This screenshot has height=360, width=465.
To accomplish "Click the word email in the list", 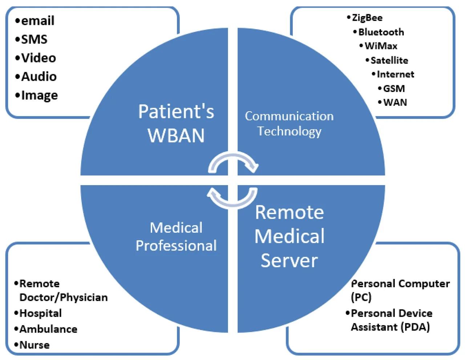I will coord(37,21).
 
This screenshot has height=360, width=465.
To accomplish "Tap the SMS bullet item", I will coord(34,39).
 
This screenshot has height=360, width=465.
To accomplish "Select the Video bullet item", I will coord(39,58).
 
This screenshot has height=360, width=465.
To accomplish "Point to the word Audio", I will coord(39,76).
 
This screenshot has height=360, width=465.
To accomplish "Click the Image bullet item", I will coord(39,95).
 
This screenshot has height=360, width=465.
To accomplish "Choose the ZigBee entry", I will coord(367,18).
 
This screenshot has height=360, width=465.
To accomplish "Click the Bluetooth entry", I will coord(381,32).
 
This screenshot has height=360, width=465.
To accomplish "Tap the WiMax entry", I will coord(381,46).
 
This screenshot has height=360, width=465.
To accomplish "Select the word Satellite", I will coord(389,60).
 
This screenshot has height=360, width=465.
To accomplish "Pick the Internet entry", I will coord(395,74).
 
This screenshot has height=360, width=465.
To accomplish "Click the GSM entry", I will coord(394,88).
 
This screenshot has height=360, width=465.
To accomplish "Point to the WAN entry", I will coord(395,103).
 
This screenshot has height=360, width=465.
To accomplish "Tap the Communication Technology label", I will coord(289,124).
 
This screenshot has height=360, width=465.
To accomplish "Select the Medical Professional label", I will coord(176,237).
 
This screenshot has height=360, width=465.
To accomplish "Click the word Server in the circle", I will coord(289,260).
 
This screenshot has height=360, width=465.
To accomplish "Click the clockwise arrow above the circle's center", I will coord(233,162).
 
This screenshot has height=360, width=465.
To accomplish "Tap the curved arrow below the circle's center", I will coord(232,198).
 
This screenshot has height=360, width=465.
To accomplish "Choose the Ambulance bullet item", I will coord(48,329).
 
